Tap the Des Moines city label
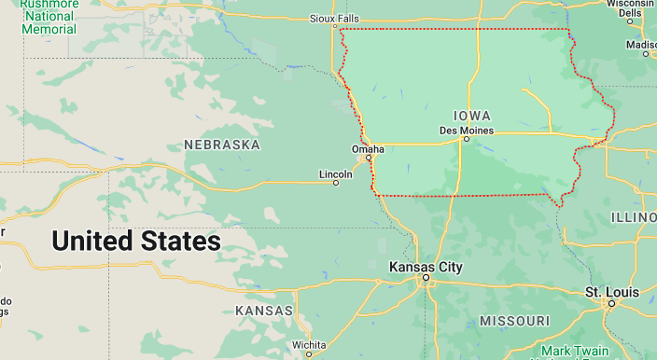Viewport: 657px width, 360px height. [466, 130]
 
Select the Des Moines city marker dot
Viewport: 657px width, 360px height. [466, 140]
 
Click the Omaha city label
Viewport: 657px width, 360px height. [368, 148]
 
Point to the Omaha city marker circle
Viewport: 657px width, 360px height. [369, 158]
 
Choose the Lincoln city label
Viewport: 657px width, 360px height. [336, 173]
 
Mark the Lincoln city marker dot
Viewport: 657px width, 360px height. [336, 183]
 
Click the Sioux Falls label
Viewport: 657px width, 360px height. [333, 18]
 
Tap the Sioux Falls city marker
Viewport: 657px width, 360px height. [333, 27]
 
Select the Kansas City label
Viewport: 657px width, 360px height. [426, 267]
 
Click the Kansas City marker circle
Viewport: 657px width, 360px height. [426, 278]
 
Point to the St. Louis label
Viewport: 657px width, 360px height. [611, 292]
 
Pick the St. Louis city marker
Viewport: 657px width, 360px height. [611, 303]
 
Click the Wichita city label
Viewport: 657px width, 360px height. [308, 344]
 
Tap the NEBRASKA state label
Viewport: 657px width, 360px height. [222, 145]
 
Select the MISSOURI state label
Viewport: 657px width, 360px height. [514, 321]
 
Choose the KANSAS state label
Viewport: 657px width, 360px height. [264, 310]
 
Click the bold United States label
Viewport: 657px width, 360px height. [136, 242]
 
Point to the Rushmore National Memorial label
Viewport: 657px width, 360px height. [49, 16]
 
